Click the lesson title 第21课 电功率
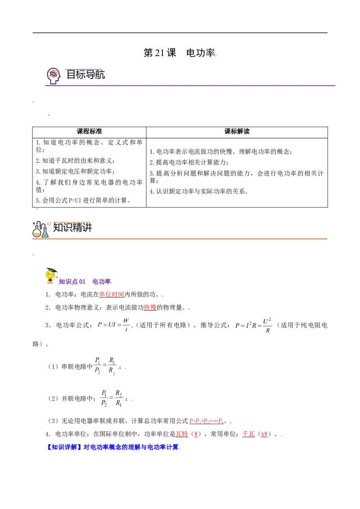point(180,53)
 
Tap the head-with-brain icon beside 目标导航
point(53,76)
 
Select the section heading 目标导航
point(85,75)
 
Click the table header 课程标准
point(90,131)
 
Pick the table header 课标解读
point(237,131)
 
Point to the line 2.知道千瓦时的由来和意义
point(75,161)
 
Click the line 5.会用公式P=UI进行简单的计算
point(83,200)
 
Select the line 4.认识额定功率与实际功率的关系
point(199,192)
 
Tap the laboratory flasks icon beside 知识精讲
point(40,229)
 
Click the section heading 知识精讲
point(72,228)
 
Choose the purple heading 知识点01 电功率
point(85,281)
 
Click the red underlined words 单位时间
point(112,295)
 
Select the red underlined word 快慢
point(150,308)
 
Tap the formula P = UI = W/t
point(113,325)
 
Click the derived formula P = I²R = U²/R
point(253,326)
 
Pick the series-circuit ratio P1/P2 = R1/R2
point(105,366)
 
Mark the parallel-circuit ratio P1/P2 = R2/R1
point(112,398)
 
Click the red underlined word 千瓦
point(248,434)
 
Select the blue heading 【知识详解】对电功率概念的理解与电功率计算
point(113,447)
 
